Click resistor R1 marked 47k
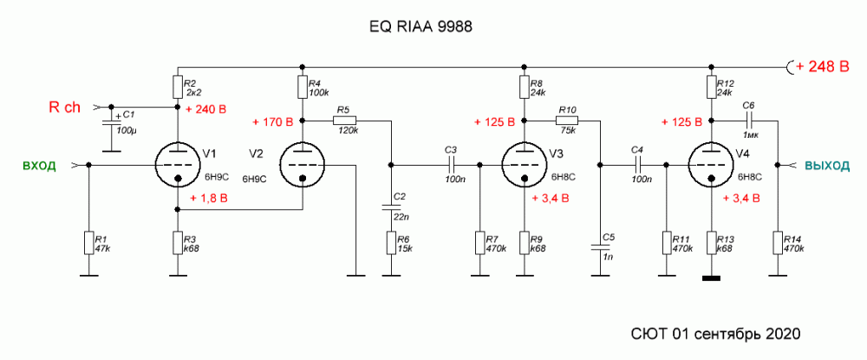click(x=88, y=242)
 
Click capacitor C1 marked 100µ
click(x=111, y=121)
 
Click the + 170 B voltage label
click(x=274, y=121)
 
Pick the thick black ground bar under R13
click(x=711, y=278)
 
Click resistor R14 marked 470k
click(x=779, y=242)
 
